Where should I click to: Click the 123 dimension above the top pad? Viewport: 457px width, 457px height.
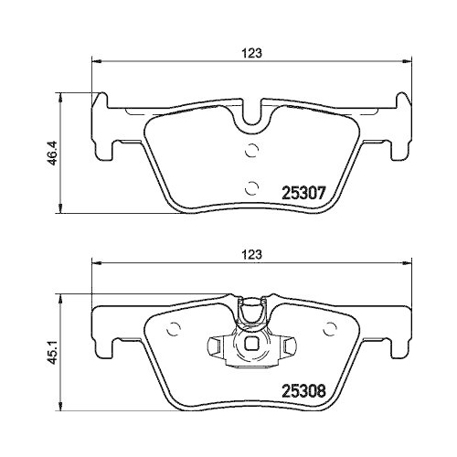tap(251, 53)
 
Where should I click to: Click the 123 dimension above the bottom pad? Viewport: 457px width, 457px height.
tap(251, 254)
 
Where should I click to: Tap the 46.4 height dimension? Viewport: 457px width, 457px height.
tap(53, 153)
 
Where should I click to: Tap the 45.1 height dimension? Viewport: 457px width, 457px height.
tap(53, 353)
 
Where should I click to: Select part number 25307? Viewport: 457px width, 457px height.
tap(304, 193)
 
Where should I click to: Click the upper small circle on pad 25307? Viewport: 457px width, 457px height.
tap(251, 150)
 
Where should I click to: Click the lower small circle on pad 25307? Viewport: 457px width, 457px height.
tap(251, 188)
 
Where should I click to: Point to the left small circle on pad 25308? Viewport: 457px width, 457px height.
tap(174, 329)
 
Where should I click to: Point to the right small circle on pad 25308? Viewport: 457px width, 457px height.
tap(329, 329)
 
